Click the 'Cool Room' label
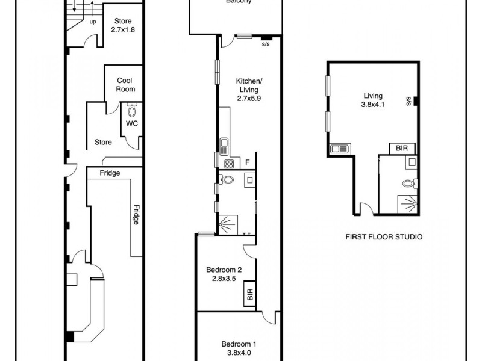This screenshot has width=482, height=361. pyautogui.click(x=126, y=85)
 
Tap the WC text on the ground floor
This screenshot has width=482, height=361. pyautogui.click(x=131, y=124)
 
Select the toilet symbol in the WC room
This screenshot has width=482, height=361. pyautogui.click(x=132, y=111)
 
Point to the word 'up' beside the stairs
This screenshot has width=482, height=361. pyautogui.click(x=93, y=22)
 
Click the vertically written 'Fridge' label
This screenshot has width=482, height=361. pyautogui.click(x=137, y=214)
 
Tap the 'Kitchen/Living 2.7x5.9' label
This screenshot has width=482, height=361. pyautogui.click(x=249, y=89)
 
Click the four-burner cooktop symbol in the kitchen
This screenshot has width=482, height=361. pyautogui.click(x=229, y=164)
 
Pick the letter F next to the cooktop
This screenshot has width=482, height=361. pyautogui.click(x=248, y=162)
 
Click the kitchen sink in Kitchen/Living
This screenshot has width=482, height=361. pyautogui.click(x=224, y=144)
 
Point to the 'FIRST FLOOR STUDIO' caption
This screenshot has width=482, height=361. pyautogui.click(x=383, y=236)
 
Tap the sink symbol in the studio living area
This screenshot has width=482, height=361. pyautogui.click(x=338, y=148)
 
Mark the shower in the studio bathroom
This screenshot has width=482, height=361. pyautogui.click(x=409, y=204)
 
